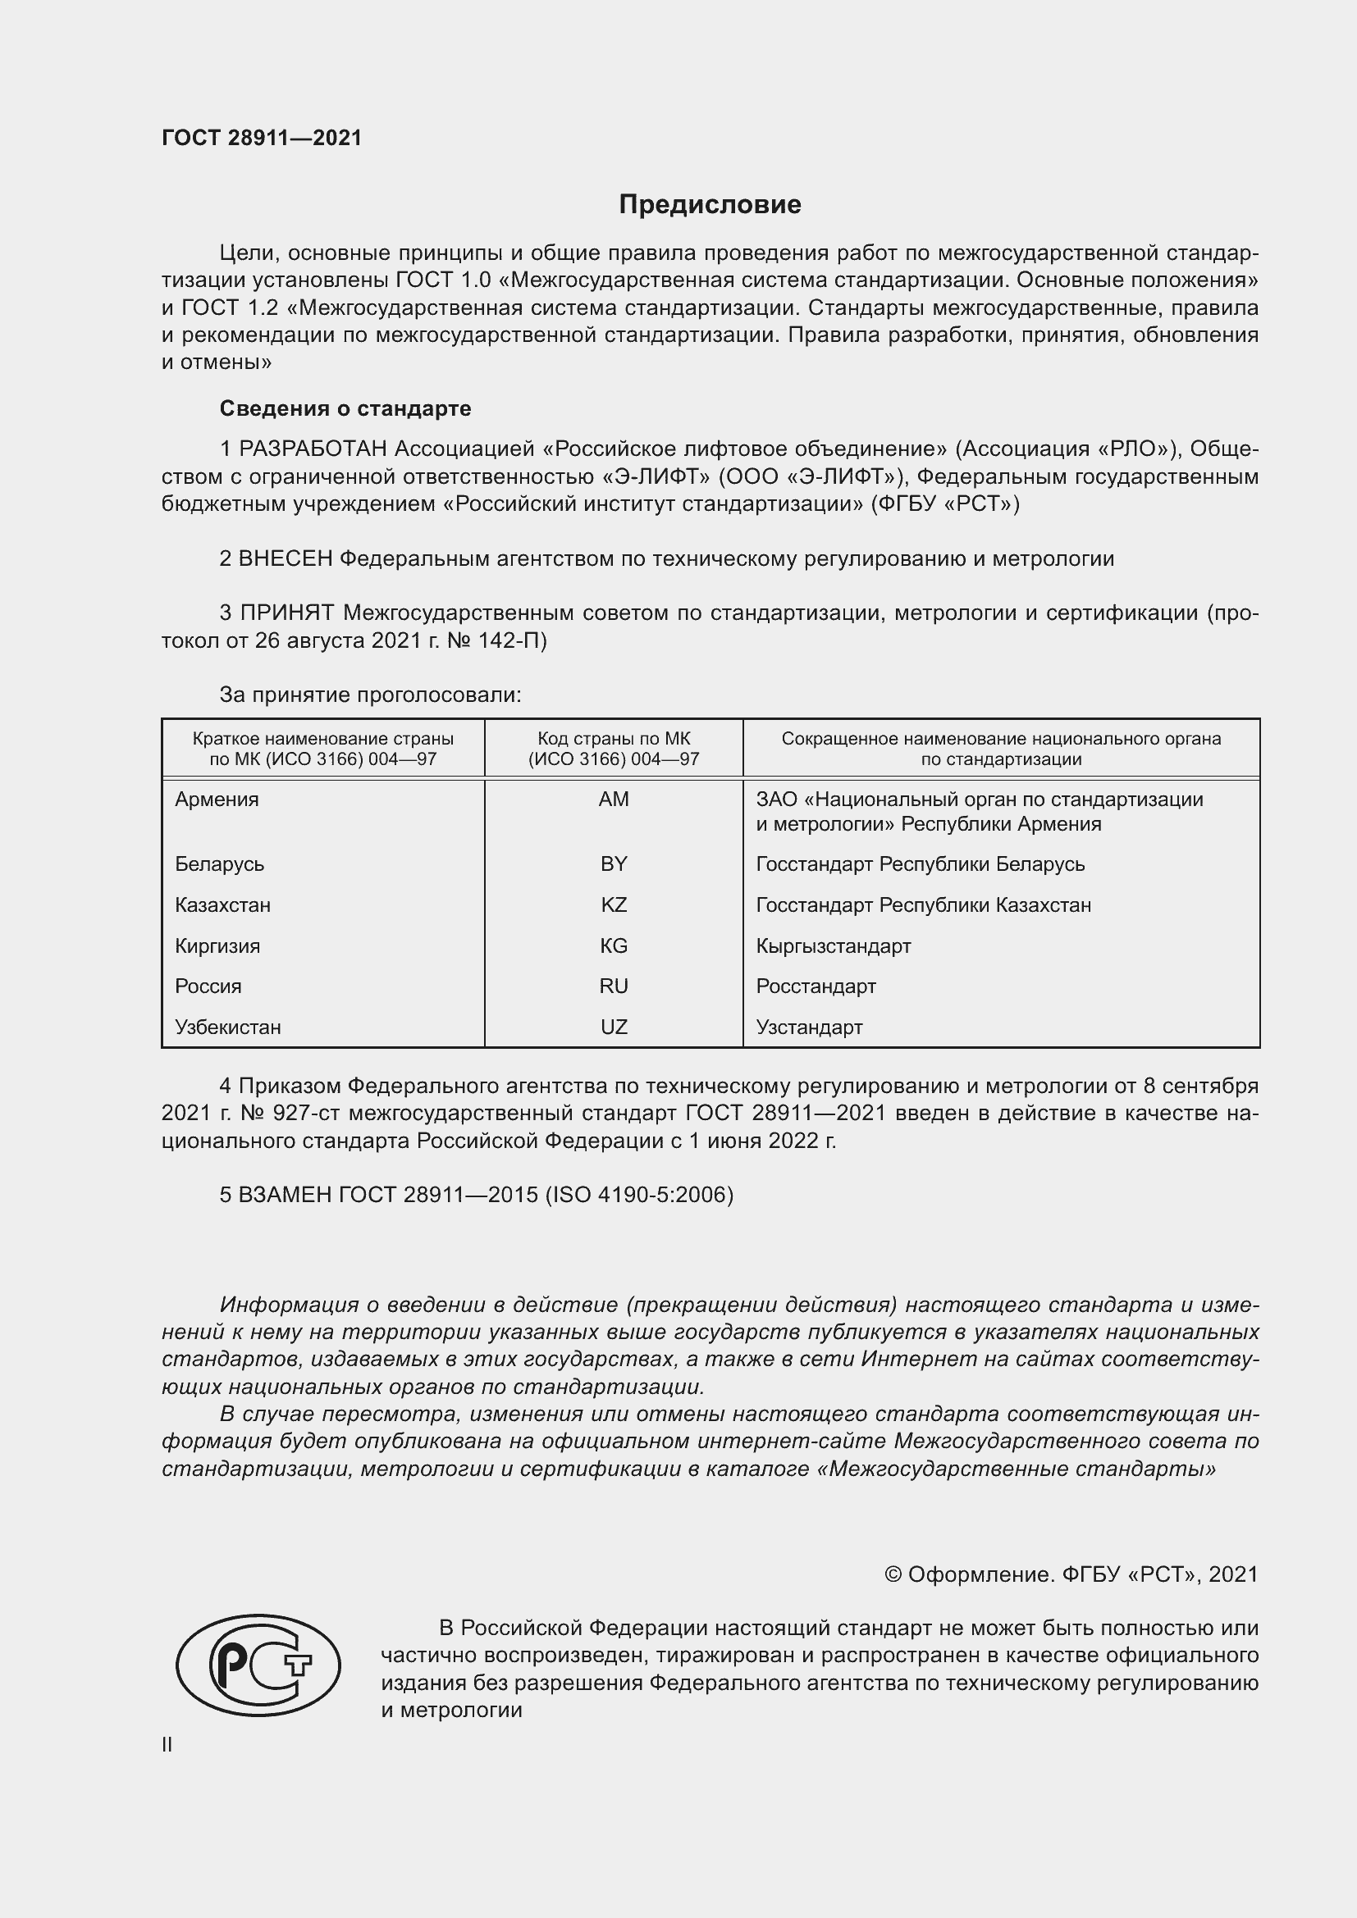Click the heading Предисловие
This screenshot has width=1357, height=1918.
click(710, 205)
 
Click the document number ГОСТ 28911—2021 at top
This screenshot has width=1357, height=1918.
click(262, 138)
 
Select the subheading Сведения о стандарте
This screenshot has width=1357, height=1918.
click(345, 408)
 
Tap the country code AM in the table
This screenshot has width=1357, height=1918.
click(614, 800)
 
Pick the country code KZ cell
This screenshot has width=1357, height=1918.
click(614, 904)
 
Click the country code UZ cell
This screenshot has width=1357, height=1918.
click(614, 1027)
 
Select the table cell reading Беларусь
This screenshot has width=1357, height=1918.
click(220, 863)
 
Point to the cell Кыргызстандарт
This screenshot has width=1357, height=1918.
click(833, 945)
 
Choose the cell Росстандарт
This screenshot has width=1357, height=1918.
click(816, 986)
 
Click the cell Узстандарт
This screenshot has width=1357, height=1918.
click(809, 1027)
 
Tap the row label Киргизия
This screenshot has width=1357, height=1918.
click(217, 945)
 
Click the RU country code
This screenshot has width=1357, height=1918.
click(614, 986)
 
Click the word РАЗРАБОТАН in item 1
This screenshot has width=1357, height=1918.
click(313, 449)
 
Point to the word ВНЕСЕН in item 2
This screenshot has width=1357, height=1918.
click(286, 559)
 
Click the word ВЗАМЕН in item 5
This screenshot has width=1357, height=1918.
click(285, 1195)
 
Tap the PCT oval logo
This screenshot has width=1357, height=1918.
click(258, 1665)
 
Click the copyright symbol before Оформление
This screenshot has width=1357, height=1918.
click(893, 1574)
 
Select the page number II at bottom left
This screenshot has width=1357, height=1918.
click(167, 1744)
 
